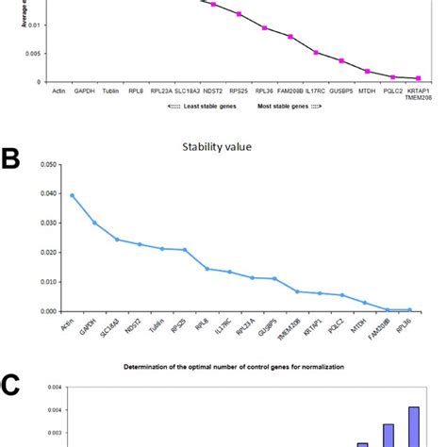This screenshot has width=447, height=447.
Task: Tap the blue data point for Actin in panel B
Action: (72, 195)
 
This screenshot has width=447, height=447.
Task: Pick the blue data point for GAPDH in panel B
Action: (94, 223)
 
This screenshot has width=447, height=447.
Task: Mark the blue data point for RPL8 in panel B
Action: (207, 269)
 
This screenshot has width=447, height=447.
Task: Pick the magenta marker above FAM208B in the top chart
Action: (290, 37)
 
